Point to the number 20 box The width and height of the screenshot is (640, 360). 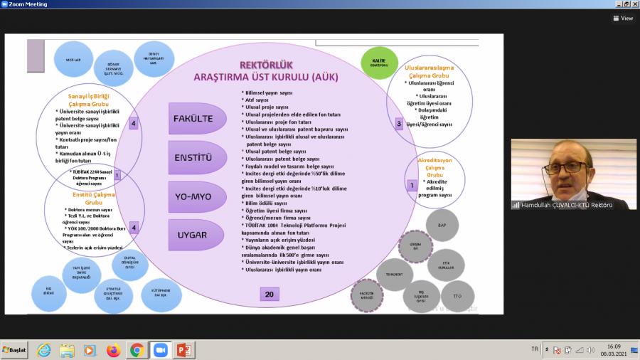[269, 294]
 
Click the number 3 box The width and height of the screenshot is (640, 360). [399, 124]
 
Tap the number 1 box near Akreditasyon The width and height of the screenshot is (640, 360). [411, 185]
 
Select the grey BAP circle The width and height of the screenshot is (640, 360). [442, 225]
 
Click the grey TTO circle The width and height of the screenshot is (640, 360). [457, 295]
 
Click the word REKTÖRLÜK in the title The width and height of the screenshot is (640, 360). [267, 65]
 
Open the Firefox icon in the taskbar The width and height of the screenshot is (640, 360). [113, 350]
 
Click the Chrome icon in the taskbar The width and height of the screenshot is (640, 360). [137, 350]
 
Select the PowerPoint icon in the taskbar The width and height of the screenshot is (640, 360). [184, 350]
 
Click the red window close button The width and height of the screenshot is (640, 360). [634, 4]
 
